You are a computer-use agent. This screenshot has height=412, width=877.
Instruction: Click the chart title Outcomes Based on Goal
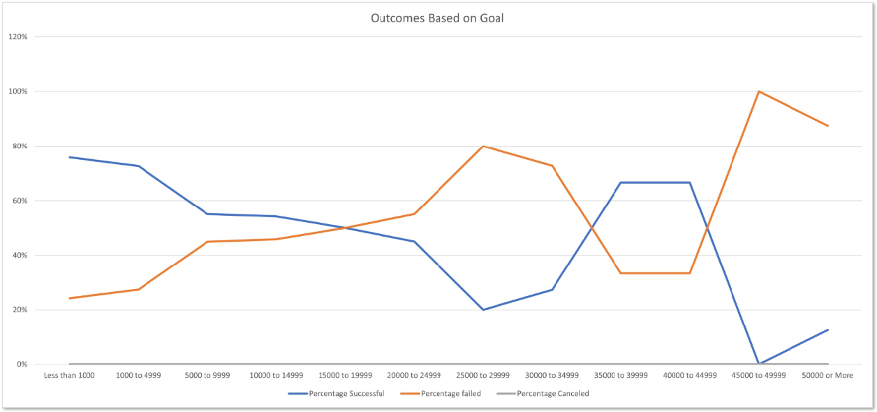437,18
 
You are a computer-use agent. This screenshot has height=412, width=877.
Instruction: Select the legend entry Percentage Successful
347,394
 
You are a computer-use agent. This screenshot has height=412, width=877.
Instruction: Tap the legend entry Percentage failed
451,394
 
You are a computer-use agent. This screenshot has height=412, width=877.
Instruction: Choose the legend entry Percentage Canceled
552,394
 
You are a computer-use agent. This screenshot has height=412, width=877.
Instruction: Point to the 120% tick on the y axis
17,37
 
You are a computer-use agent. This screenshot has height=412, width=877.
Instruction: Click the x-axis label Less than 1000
69,376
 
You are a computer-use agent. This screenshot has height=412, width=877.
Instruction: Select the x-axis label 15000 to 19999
345,376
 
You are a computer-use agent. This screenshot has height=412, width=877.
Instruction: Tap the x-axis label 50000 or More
827,376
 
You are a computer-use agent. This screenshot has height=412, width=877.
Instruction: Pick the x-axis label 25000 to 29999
483,376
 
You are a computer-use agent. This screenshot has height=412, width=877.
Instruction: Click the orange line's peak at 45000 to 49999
758,91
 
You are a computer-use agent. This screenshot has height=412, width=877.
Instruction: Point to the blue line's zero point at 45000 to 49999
758,364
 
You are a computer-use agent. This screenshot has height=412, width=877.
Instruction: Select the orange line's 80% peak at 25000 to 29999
483,147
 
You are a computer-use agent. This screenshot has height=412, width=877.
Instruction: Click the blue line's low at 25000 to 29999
483,309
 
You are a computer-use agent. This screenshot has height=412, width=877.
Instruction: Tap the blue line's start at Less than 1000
70,157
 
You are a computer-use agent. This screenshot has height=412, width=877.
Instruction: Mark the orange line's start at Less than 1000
70,298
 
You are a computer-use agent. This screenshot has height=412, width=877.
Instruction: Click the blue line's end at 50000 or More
828,330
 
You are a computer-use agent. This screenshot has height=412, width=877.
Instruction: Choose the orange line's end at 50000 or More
828,126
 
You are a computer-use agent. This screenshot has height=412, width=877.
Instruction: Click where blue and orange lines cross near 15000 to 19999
345,228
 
